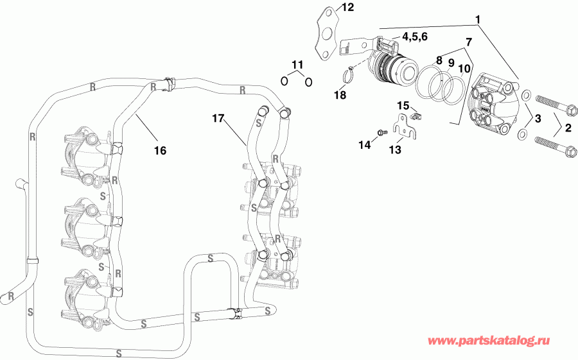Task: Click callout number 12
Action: [347, 8]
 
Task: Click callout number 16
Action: [160, 150]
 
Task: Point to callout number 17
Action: [218, 117]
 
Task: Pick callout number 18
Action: [340, 95]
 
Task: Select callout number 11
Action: [296, 64]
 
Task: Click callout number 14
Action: [364, 146]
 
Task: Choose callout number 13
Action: [394, 150]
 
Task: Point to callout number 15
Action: [402, 105]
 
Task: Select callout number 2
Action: [567, 127]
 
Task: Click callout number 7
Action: [468, 42]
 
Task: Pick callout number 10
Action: [464, 69]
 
